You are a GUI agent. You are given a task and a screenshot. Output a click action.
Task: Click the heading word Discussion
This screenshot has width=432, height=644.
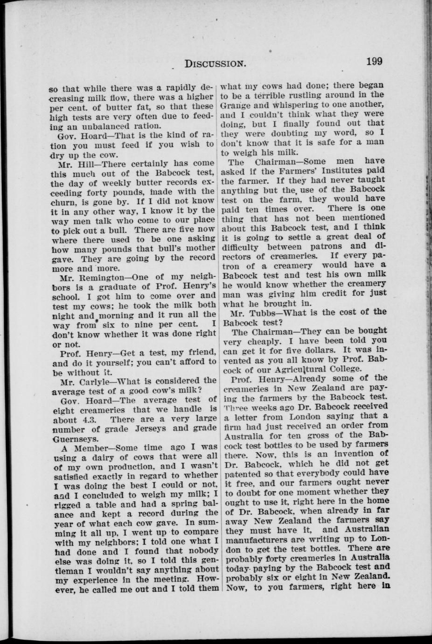[215, 63]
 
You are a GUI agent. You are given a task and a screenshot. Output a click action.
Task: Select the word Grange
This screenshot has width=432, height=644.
[236, 105]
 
